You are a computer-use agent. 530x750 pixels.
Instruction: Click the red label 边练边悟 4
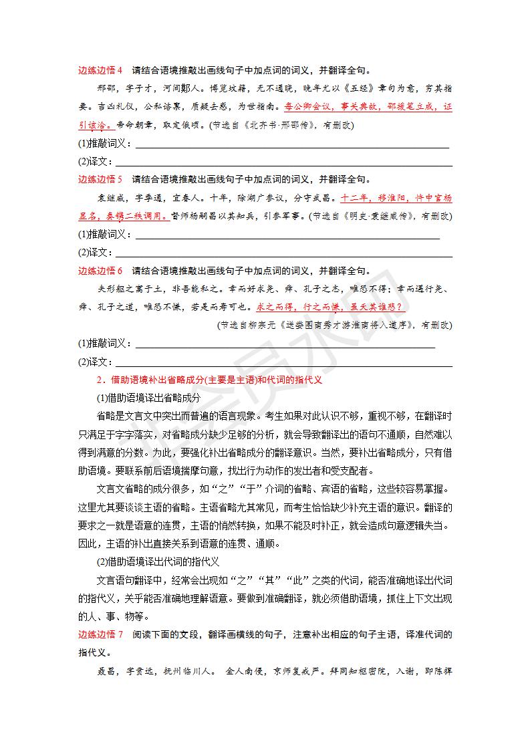(100, 70)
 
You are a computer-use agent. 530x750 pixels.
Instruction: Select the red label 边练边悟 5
(100, 179)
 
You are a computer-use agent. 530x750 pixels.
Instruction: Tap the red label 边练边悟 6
(100, 271)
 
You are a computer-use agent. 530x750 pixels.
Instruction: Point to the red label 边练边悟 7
(100, 634)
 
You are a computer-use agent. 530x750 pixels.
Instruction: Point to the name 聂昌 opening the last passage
(107, 670)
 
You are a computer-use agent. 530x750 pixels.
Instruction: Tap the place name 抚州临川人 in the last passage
(188, 670)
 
